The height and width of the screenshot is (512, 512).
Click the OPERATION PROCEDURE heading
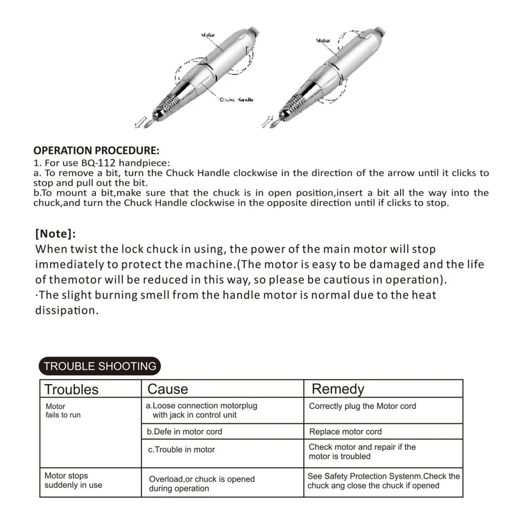tap(96, 151)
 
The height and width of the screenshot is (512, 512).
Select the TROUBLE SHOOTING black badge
tap(99, 366)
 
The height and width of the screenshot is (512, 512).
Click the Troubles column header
tap(71, 389)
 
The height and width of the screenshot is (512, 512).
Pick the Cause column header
tap(168, 388)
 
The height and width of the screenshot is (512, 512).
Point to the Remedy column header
tap(337, 388)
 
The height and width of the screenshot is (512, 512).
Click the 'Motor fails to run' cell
tap(63, 410)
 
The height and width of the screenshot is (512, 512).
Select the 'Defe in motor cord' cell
tap(185, 432)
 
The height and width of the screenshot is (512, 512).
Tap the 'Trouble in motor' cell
tap(182, 450)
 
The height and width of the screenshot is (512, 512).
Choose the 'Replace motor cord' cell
tap(345, 432)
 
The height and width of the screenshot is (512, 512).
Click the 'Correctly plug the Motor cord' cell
tap(362, 406)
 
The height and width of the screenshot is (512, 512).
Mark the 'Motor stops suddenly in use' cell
tap(73, 480)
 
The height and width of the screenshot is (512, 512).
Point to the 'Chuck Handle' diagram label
tap(237, 100)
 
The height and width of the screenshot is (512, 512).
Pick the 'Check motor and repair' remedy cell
tap(362, 451)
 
